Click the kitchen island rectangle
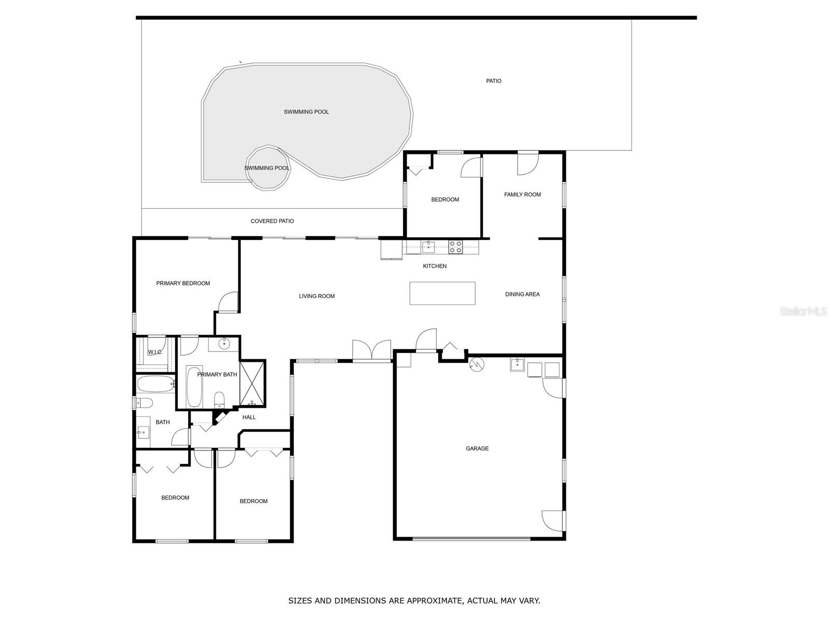pyautogui.click(x=442, y=293)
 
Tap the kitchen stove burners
pyautogui.click(x=455, y=247)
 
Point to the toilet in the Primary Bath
pyautogui.click(x=220, y=399)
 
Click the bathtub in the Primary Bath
pyautogui.click(x=194, y=387)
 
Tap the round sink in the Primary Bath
pyautogui.click(x=224, y=343)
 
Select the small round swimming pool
pyautogui.click(x=267, y=168)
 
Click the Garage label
pyautogui.click(x=477, y=448)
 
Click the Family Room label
pyautogui.click(x=522, y=194)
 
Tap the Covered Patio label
pyautogui.click(x=272, y=221)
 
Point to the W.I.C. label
pyautogui.click(x=155, y=352)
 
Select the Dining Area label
pyautogui.click(x=522, y=294)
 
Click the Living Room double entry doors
pyautogui.click(x=371, y=350)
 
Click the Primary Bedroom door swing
pyautogui.click(x=228, y=303)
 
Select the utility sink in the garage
pyautogui.click(x=518, y=365)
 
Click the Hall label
pyautogui.click(x=249, y=417)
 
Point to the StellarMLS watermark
pyautogui.click(x=803, y=312)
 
